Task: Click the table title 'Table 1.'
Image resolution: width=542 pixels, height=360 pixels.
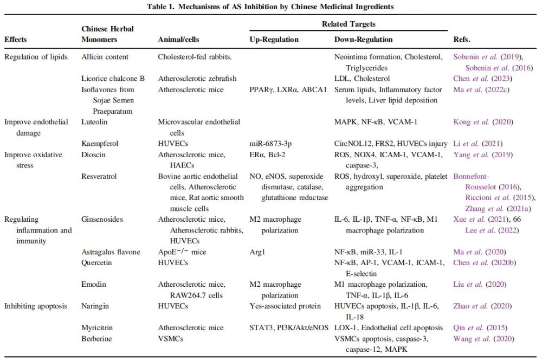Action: (x=163, y=7)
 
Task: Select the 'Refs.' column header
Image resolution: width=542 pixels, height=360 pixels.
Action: (x=462, y=40)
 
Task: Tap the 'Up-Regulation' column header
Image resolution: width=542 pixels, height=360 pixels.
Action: (x=274, y=40)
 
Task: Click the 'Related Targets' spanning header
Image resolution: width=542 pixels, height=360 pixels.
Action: (x=348, y=24)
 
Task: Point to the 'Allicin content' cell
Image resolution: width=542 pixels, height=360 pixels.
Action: (x=105, y=57)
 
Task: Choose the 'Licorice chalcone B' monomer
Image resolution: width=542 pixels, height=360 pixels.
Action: (x=113, y=79)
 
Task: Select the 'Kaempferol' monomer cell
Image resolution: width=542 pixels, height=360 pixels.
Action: (x=99, y=144)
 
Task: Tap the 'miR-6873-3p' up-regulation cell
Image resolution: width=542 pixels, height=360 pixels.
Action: (x=270, y=144)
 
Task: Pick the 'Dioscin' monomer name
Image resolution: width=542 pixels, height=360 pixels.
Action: (x=93, y=155)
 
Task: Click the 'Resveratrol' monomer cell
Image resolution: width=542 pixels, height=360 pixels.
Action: (x=100, y=176)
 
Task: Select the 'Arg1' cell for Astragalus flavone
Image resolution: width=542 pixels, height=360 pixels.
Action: (x=256, y=252)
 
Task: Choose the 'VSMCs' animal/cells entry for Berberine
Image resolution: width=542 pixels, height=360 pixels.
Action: (x=171, y=339)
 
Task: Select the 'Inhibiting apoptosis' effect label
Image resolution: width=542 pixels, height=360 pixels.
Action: (x=36, y=306)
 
